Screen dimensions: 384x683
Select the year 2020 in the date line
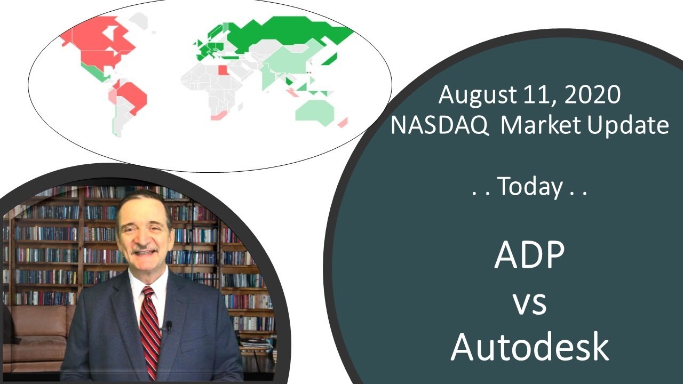click(593, 95)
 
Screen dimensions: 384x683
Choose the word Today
click(529, 188)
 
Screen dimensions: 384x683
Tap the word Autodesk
click(529, 347)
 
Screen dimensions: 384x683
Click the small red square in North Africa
click(223, 70)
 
